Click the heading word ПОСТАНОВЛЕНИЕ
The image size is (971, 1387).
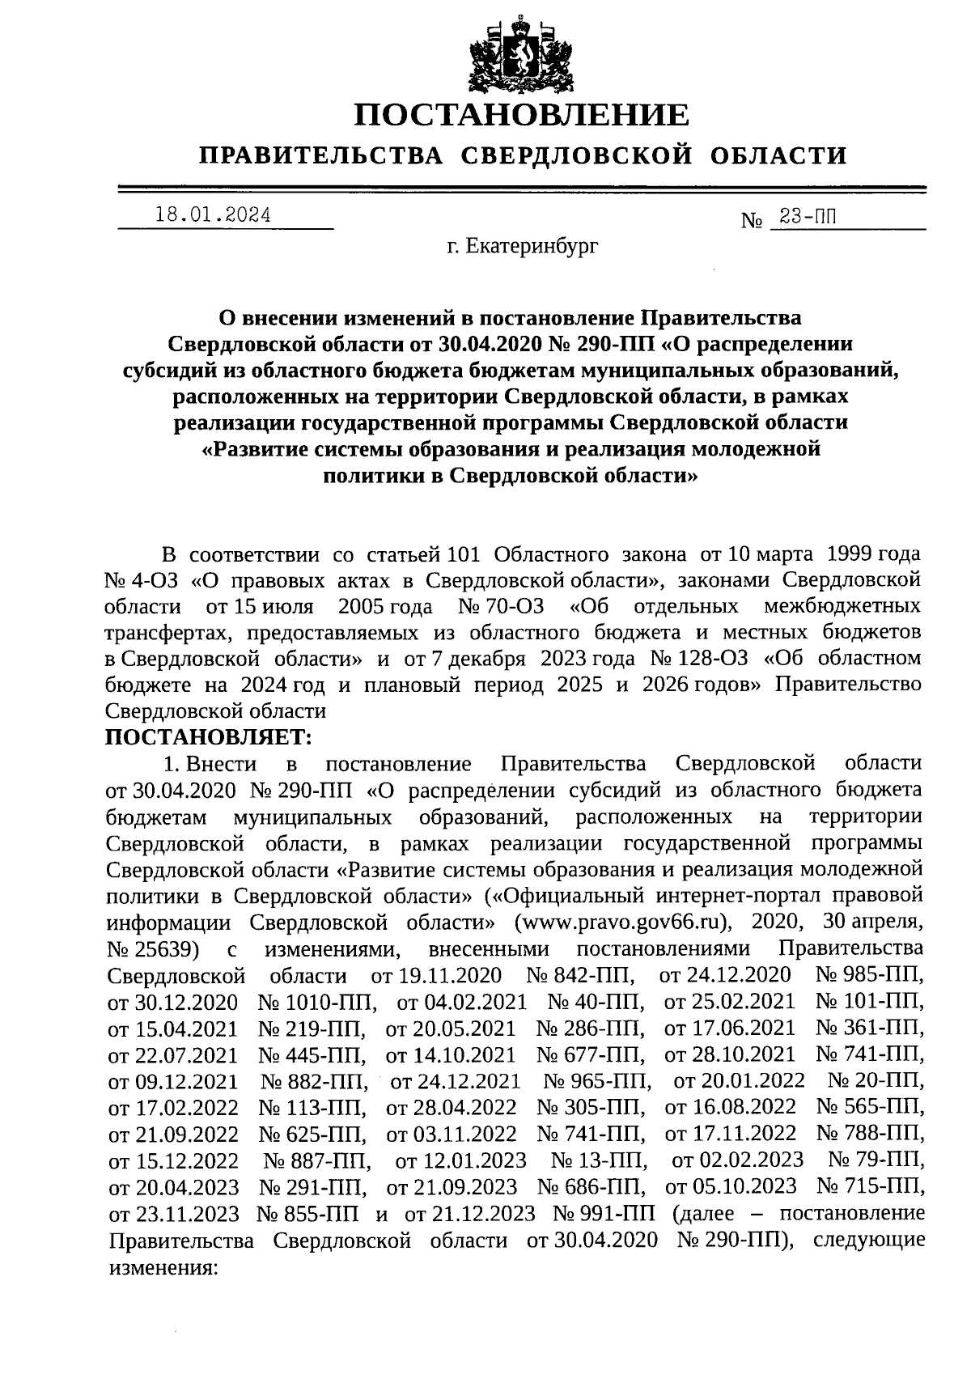(x=522, y=115)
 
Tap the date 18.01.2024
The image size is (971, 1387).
(x=213, y=215)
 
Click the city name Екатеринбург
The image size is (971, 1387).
(x=533, y=245)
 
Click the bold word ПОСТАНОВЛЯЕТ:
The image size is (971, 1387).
(x=208, y=736)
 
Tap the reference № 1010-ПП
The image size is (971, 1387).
(x=318, y=1002)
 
